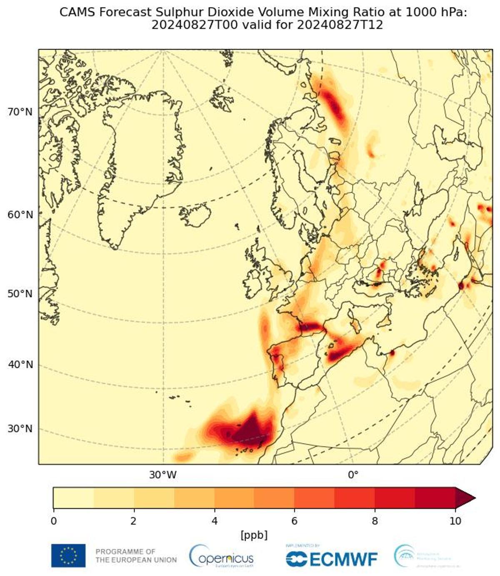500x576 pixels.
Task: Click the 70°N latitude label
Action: [20, 112]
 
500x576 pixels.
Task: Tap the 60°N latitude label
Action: [20, 215]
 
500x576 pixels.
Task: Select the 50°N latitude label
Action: [20, 294]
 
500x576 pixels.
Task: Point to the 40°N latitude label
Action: [20, 365]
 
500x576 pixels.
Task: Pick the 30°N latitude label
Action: [20, 429]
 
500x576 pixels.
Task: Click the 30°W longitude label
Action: [163, 475]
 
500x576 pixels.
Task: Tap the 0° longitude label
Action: [353, 475]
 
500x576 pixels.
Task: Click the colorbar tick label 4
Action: [214, 521]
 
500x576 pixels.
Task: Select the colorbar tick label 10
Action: [455, 521]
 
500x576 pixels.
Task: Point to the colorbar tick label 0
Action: [53, 521]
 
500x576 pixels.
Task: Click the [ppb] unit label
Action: [254, 535]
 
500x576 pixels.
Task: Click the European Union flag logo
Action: [68, 556]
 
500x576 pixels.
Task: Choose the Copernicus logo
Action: [221, 556]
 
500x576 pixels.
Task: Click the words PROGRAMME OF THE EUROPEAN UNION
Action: [136, 556]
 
